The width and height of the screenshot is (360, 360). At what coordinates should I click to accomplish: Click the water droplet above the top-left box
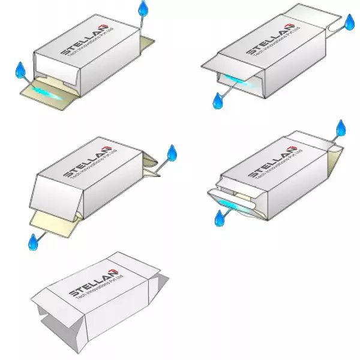pos(143,9)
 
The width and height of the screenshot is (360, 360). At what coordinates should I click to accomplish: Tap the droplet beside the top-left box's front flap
pos(20,70)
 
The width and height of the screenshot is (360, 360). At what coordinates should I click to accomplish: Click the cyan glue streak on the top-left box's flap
pos(47,93)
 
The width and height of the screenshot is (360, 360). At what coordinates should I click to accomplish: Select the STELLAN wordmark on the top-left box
pos(85,40)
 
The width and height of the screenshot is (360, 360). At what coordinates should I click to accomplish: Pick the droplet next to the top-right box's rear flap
pos(350,22)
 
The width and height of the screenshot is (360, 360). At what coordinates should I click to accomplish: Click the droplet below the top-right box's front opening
pos(218,101)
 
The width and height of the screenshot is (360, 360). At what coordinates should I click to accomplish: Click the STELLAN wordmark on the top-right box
pos(270,40)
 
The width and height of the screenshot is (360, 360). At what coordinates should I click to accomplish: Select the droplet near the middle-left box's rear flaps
pos(172,152)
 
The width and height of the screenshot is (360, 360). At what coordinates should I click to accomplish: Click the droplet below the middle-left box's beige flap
pos(33,242)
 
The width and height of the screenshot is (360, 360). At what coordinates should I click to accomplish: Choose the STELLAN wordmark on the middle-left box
pos(87,161)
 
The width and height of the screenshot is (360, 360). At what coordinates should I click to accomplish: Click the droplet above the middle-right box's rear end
pos(341,128)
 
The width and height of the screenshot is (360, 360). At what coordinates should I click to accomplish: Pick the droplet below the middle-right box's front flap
pos(220,218)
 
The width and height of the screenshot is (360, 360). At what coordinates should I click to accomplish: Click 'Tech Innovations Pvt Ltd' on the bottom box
pos(100,287)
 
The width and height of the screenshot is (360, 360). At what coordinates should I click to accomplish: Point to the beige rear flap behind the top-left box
pos(148,45)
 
